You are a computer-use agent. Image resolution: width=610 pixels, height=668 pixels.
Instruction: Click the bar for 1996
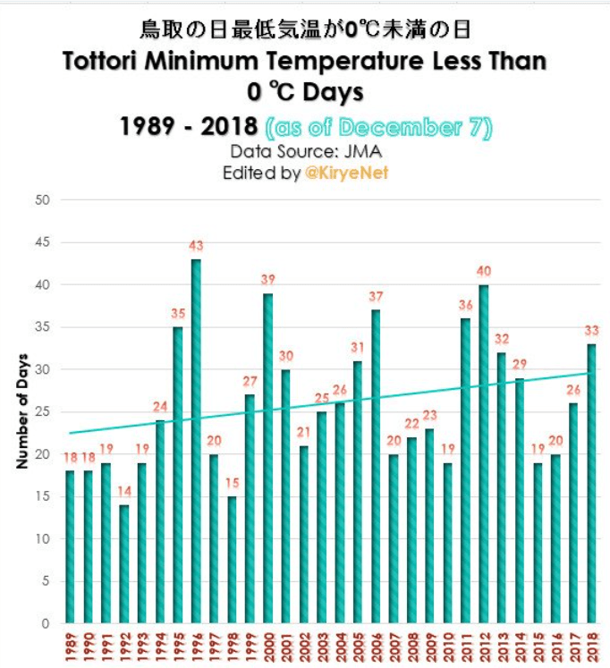point(196,441)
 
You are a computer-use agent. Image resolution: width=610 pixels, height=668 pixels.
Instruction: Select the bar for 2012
point(484,453)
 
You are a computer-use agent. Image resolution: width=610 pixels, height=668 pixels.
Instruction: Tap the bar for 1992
point(123,563)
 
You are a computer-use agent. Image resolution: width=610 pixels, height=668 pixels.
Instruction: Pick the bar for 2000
point(267,458)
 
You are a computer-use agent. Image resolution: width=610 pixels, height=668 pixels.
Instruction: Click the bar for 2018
point(591,483)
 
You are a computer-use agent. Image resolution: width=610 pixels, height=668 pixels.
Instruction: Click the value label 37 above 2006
point(376,297)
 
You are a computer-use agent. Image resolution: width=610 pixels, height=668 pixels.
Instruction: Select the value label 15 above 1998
point(232,483)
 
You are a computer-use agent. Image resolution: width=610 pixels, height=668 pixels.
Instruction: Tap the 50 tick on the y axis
point(41,199)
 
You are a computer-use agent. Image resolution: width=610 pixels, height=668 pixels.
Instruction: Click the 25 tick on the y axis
point(41,411)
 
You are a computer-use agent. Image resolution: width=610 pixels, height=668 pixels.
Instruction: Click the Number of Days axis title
point(21,411)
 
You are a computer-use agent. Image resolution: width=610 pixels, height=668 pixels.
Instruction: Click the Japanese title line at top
point(305,30)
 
